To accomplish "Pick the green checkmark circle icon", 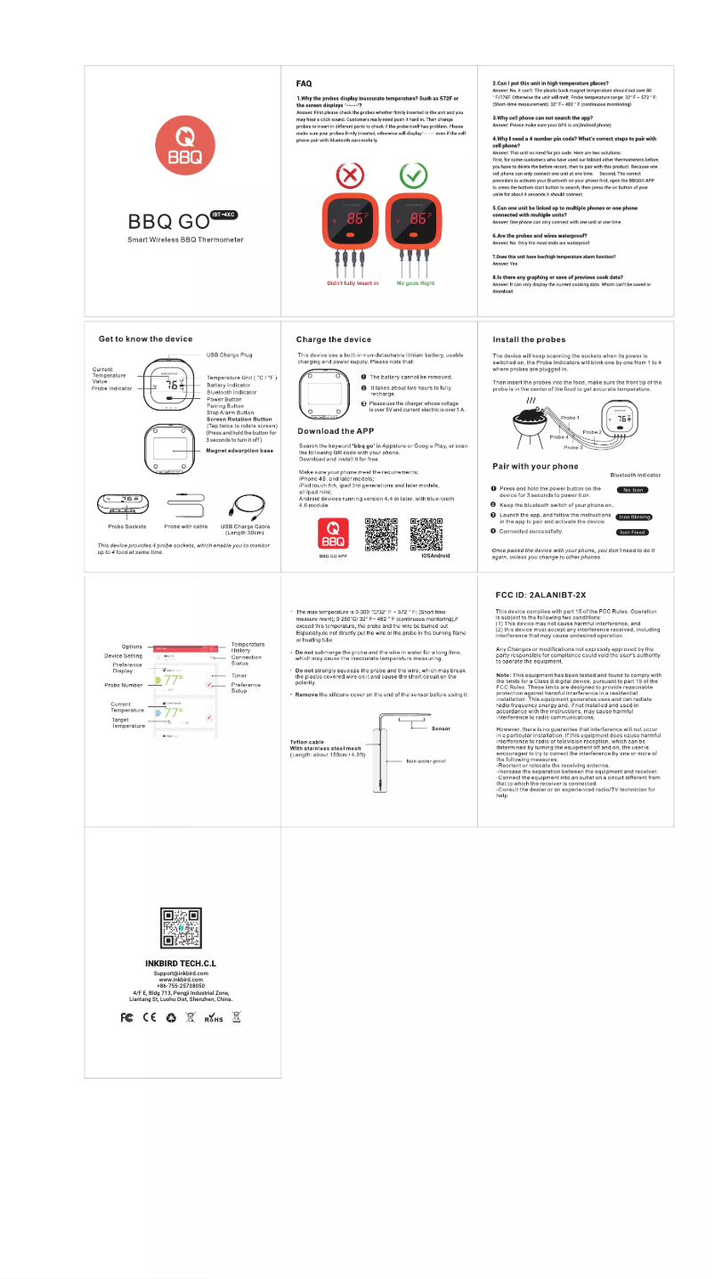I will [x=413, y=175].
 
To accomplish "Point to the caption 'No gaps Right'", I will [x=415, y=283].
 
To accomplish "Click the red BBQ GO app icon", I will [x=332, y=534].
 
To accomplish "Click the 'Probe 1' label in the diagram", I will [x=571, y=418].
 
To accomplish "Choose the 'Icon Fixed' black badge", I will [x=633, y=532].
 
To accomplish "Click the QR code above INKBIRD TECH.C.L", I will [x=181, y=927].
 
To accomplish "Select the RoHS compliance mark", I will [x=214, y=1018].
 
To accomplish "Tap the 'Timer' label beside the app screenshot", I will [x=239, y=676].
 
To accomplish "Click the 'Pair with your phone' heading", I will [x=535, y=466].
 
